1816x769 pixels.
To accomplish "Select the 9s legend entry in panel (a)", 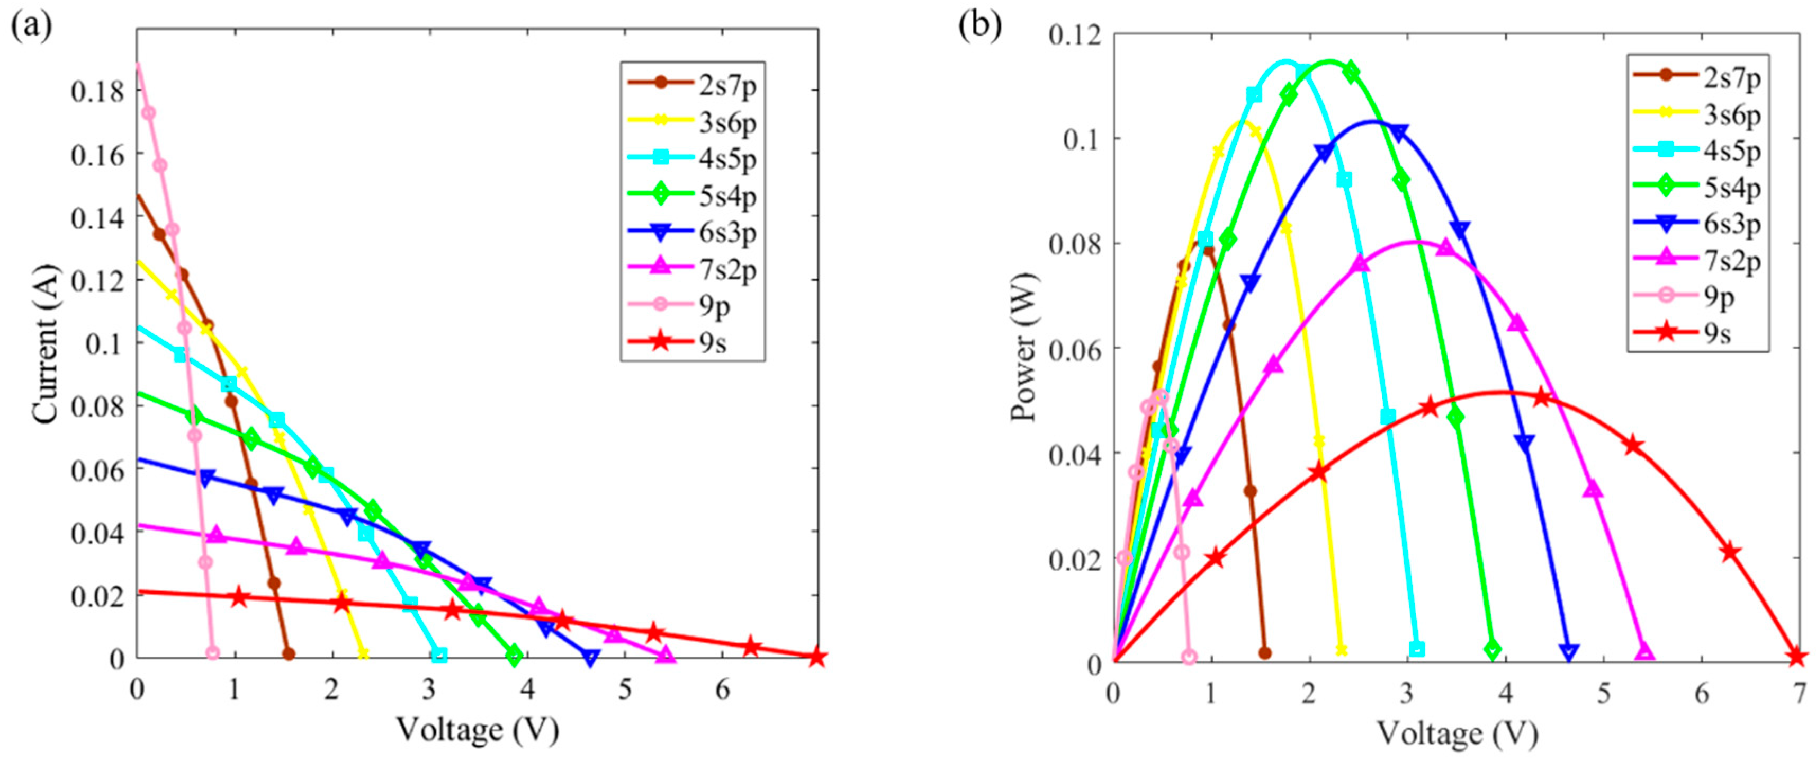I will click(x=712, y=343).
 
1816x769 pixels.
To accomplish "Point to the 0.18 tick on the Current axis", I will click(x=97, y=91).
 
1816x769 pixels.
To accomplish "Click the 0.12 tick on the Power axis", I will click(x=1074, y=34).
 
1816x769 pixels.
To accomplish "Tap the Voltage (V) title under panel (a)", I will click(x=477, y=729).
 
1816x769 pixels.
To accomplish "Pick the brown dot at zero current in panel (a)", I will click(x=289, y=654).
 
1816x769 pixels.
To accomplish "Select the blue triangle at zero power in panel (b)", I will click(x=1569, y=651).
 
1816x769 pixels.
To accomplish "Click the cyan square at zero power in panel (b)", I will click(x=1417, y=649).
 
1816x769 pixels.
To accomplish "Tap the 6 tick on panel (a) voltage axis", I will click(x=723, y=690).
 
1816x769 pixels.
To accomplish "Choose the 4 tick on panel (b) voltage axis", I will click(x=1506, y=694).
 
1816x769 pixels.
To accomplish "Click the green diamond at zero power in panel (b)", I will click(x=1492, y=650).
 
